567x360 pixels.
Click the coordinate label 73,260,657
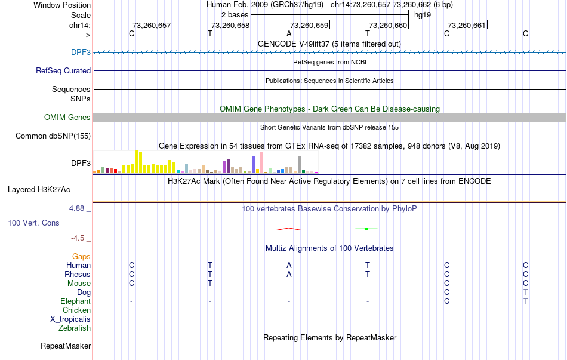[x=151, y=25]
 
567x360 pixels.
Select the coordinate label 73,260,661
[x=467, y=25]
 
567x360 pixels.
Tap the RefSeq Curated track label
[x=63, y=70]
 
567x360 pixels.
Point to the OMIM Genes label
[x=67, y=117]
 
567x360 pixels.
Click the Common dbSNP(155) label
[x=53, y=136]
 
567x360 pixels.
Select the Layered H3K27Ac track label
[x=39, y=190]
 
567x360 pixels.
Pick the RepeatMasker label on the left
[x=66, y=346]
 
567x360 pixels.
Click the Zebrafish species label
[x=75, y=328]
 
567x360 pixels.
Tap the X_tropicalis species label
[x=70, y=319]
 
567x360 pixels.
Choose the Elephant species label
[x=75, y=301]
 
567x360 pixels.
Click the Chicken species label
[x=76, y=310]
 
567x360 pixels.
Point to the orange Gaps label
[x=81, y=257]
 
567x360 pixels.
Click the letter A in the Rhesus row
[x=289, y=275]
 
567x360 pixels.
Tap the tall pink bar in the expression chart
[x=261, y=162]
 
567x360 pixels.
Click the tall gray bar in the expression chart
[x=299, y=164]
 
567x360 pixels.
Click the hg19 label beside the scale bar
[x=422, y=14]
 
